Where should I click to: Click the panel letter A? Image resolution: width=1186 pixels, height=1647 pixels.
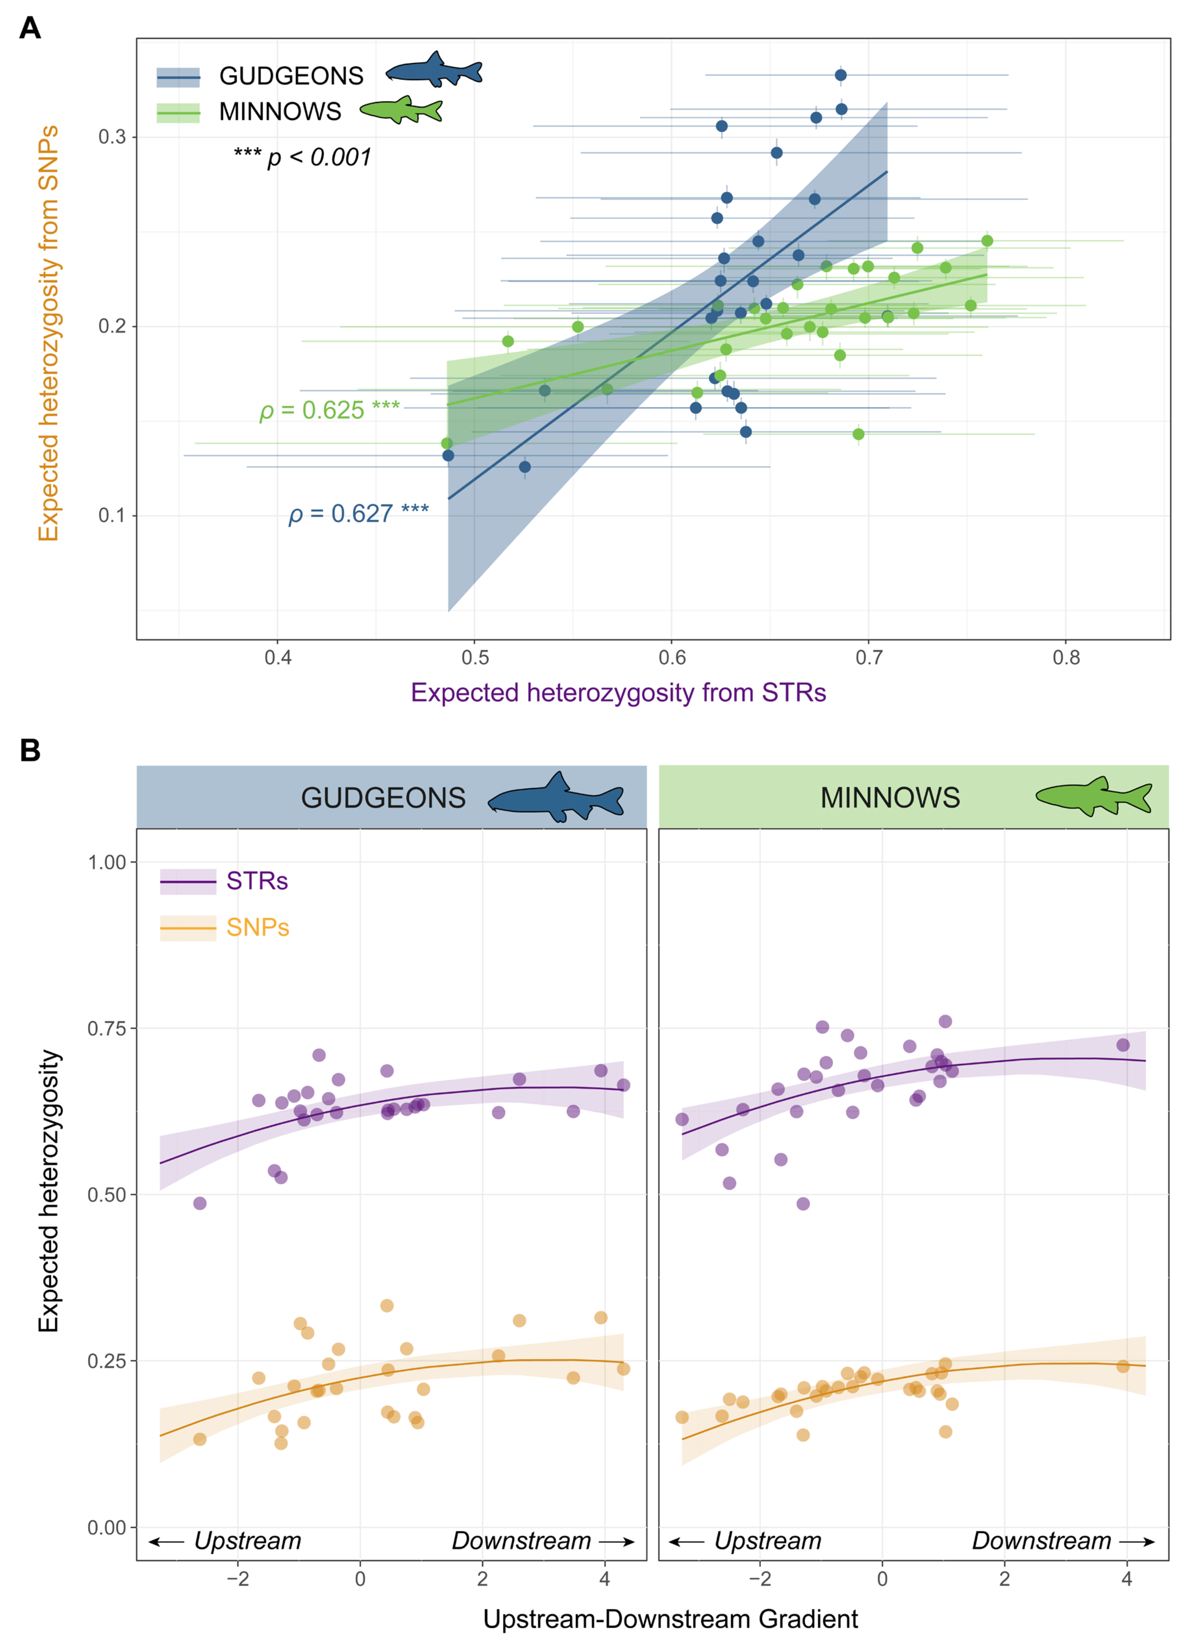point(30,28)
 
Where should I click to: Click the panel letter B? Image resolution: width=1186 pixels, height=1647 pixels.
point(30,750)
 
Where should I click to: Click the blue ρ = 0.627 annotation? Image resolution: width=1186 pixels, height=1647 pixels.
point(358,513)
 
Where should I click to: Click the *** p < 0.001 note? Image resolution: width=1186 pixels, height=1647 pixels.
point(302,157)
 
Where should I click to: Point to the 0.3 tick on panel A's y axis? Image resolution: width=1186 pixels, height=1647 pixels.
point(112,136)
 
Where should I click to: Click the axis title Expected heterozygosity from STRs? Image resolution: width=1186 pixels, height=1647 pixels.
point(618,693)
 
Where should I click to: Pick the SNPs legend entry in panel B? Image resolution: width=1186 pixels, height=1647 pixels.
point(257,927)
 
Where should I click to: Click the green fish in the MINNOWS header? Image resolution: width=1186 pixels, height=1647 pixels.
point(1093,796)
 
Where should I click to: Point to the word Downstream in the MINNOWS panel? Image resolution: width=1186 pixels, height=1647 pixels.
point(1041,1540)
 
